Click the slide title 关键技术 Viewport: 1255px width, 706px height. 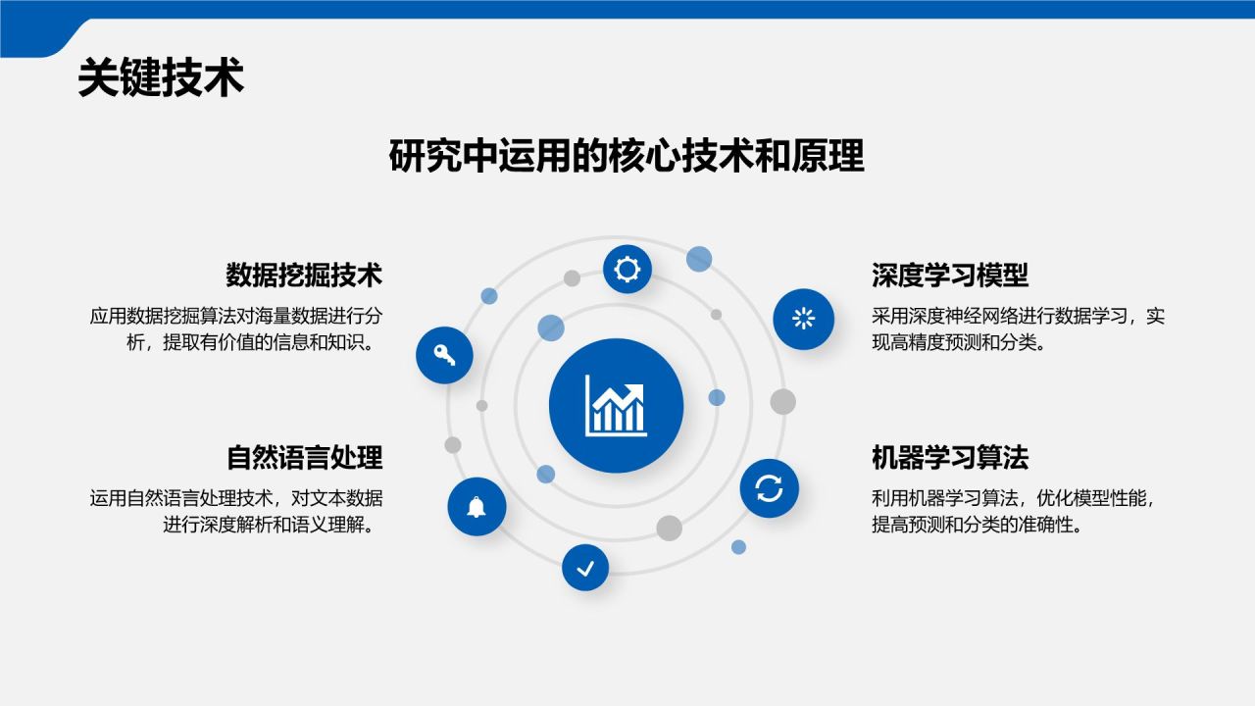point(161,78)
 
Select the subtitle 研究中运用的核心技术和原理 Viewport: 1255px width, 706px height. point(627,157)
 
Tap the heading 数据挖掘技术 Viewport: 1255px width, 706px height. point(303,276)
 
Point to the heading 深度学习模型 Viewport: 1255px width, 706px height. point(950,276)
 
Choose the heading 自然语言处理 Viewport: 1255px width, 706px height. point(304,458)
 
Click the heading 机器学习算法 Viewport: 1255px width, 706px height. point(950,458)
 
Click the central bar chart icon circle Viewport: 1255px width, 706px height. point(616,405)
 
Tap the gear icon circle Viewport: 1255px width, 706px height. point(627,269)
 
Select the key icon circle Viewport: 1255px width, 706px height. point(444,355)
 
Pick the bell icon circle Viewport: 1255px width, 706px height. point(477,507)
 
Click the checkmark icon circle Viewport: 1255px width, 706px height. point(585,567)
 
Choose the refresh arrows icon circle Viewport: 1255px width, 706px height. point(769,488)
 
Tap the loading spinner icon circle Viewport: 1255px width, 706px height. point(803,318)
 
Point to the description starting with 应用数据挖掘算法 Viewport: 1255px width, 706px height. point(235,329)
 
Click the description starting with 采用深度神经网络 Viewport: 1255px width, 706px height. point(1018,329)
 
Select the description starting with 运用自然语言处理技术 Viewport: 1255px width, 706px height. point(235,511)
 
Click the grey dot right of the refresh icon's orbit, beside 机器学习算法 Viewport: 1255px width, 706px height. point(782,401)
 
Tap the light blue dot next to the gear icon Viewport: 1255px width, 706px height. point(699,259)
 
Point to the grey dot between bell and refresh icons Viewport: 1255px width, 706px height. point(669,528)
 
